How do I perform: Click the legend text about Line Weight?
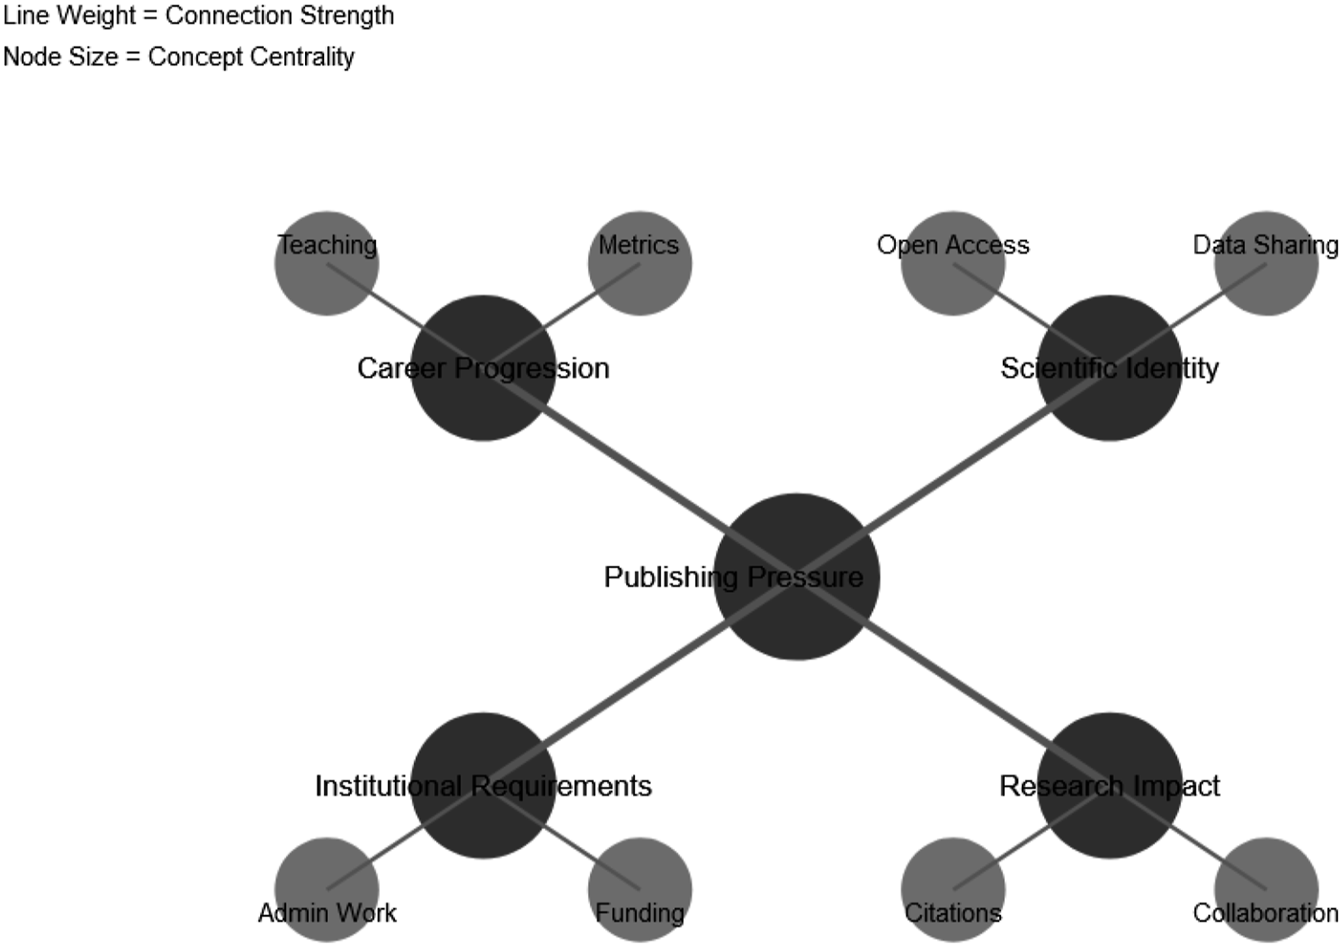pyautogui.click(x=198, y=16)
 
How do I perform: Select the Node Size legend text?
pyautogui.click(x=178, y=57)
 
